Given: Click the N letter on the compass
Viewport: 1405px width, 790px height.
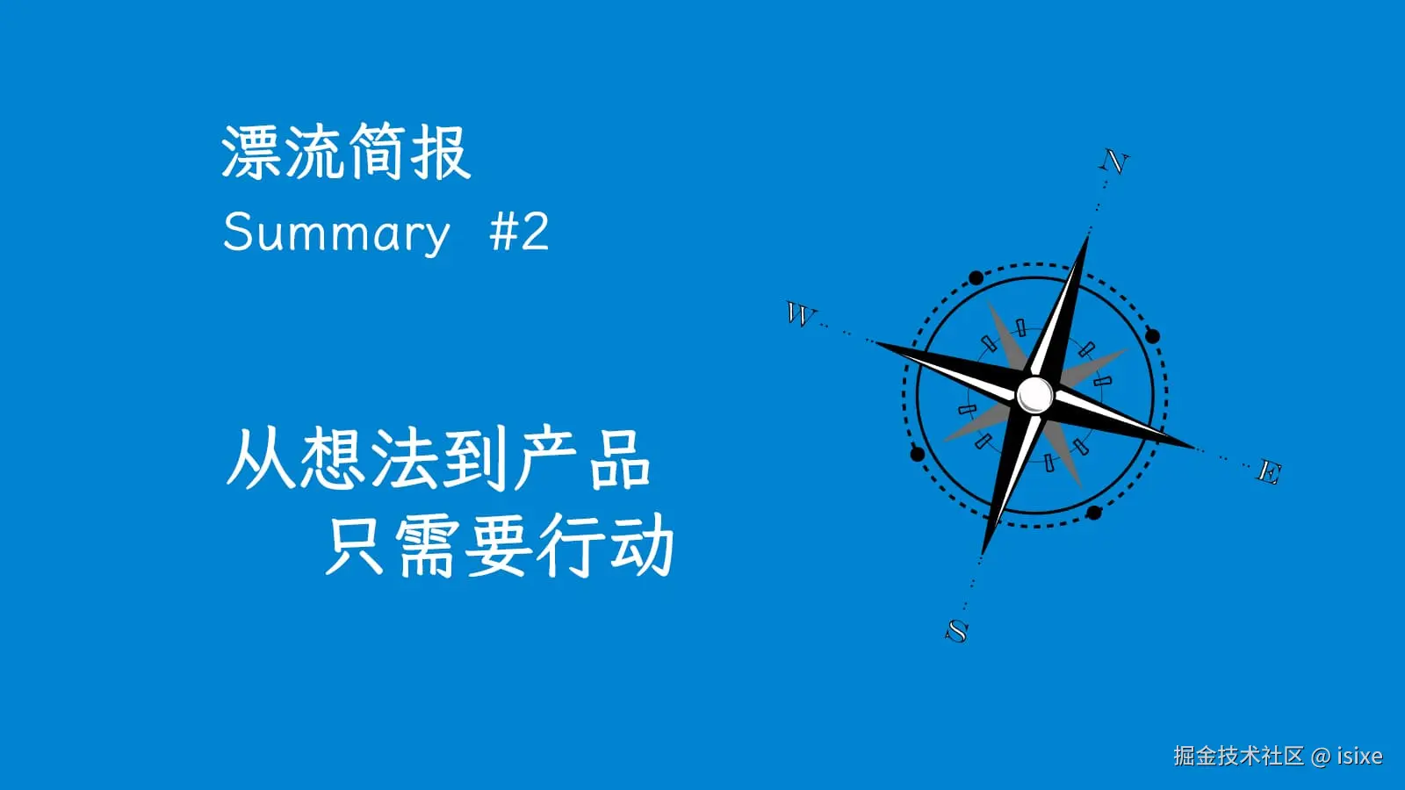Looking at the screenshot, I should (1114, 162).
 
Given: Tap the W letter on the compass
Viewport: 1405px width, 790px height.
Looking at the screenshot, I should (799, 313).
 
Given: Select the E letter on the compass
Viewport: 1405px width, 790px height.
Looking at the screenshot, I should (1269, 472).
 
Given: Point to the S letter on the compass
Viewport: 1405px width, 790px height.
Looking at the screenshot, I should (957, 630).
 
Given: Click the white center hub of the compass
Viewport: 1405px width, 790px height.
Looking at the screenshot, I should (1034, 394).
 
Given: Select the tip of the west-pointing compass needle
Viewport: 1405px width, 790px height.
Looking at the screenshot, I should (876, 342).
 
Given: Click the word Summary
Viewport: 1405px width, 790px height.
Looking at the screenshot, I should (335, 233).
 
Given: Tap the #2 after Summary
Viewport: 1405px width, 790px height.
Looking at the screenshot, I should (519, 233).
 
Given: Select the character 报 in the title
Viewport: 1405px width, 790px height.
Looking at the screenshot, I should (441, 153).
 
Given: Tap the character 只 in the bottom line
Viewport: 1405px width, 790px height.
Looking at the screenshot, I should (356, 545).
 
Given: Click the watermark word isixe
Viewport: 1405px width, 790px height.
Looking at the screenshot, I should (1359, 756).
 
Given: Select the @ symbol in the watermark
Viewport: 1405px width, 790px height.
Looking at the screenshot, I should (1320, 756).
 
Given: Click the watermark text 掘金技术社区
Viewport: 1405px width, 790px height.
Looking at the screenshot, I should (1238, 756).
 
